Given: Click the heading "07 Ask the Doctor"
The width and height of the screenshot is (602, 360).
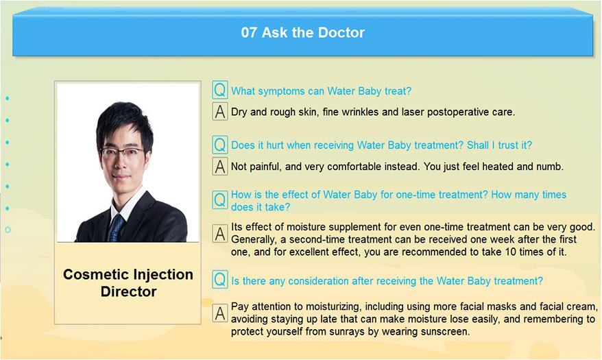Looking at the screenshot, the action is point(302,32).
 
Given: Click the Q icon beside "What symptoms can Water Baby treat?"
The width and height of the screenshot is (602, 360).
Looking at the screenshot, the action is point(220,90).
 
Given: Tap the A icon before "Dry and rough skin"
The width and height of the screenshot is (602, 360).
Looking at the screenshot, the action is point(220,111).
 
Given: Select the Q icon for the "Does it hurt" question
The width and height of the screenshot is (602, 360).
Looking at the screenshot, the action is point(220,145).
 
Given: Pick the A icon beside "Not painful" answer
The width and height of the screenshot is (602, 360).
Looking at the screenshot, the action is point(220,166).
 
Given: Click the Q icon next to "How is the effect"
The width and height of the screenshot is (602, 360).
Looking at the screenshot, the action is point(220,200).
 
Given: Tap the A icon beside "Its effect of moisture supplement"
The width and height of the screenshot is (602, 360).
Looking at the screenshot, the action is point(220,233).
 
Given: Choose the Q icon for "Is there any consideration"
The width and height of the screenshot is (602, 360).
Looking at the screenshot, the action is point(220,279).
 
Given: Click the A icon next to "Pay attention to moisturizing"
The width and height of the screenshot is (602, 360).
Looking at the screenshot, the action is point(220,313).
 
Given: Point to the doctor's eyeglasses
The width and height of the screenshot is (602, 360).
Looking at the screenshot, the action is point(123,152).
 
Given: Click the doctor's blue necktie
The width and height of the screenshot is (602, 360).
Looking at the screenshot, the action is point(115,228).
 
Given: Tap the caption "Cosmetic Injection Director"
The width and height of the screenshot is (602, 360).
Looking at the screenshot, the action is point(128,283).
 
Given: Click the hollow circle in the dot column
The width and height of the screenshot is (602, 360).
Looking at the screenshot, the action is point(8,230).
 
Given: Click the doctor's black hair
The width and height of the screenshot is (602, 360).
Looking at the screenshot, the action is point(123,119).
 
